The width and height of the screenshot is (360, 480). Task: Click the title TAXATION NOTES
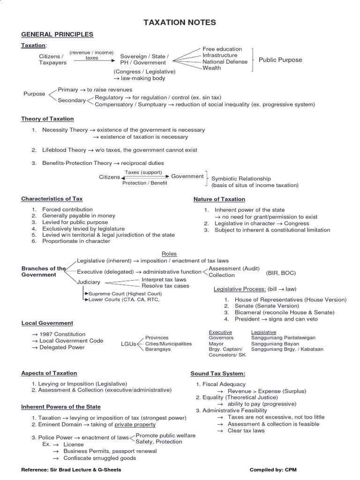[x=180, y=22]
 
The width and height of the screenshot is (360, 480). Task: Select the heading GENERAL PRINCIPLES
[x=57, y=35]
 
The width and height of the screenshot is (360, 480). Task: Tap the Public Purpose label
[x=280, y=60]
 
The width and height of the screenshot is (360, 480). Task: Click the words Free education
[x=222, y=49]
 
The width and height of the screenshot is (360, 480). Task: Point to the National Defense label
[x=225, y=62]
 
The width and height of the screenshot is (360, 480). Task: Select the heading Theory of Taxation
[x=47, y=119]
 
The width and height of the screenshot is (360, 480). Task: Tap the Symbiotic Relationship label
[x=241, y=179]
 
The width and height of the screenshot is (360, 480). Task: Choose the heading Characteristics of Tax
[x=52, y=199]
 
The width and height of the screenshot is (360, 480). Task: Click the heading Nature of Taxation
[x=219, y=199]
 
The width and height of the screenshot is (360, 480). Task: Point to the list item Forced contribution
[x=67, y=210]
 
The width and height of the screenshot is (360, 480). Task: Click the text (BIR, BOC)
[x=281, y=273]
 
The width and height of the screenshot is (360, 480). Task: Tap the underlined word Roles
[x=169, y=254]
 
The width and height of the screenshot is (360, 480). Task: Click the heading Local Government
[x=47, y=323]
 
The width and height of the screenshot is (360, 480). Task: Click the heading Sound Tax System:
[x=218, y=374]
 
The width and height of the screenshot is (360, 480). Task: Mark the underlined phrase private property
[x=135, y=425]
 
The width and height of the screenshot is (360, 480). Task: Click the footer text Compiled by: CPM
[x=273, y=469]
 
